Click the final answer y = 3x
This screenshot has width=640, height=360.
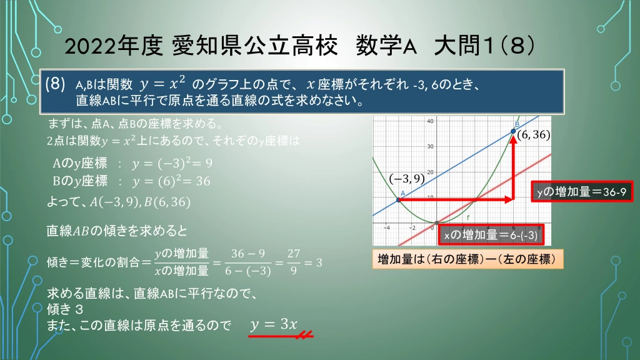(x=274, y=324)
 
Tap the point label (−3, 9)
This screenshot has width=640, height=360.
(x=406, y=179)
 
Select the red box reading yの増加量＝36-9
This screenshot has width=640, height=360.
(x=582, y=191)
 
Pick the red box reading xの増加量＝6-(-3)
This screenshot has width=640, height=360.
(x=491, y=235)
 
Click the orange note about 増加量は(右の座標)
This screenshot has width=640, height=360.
(x=467, y=259)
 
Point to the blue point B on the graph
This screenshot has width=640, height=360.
(x=513, y=131)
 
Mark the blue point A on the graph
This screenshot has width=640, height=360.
(x=399, y=199)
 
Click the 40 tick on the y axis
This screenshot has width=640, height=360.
(x=430, y=121)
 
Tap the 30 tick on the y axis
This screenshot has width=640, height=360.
(x=430, y=146)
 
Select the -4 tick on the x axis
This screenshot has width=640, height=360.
(x=386, y=227)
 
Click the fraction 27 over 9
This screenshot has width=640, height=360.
(x=294, y=262)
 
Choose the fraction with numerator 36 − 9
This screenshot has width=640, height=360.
(x=247, y=262)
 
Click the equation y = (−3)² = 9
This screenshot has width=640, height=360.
(x=172, y=163)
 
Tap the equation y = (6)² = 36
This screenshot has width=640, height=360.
(x=171, y=181)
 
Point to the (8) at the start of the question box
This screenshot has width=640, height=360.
(x=55, y=84)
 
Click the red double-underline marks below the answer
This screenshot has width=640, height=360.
(x=304, y=335)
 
